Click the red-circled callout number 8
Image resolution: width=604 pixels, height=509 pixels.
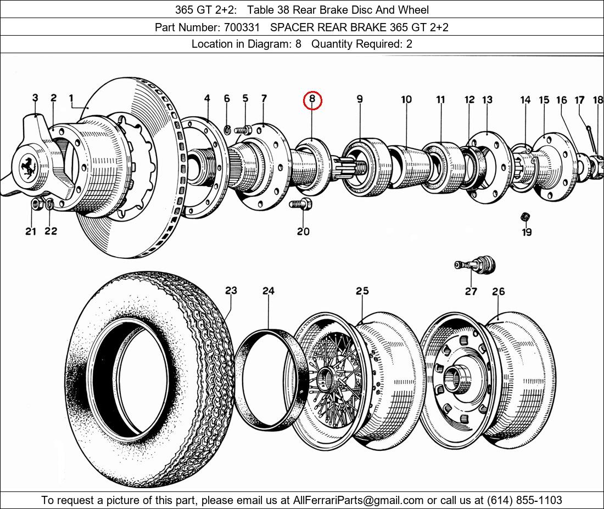point(312,99)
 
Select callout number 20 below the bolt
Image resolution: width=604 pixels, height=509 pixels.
point(303,231)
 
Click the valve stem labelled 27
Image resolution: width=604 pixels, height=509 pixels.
point(476,265)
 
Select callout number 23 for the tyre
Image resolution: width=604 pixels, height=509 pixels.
point(231,290)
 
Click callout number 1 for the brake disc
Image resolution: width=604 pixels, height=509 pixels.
point(71,98)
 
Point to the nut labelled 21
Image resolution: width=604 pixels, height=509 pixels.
point(36,205)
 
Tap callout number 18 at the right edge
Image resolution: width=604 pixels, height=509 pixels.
point(597,100)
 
